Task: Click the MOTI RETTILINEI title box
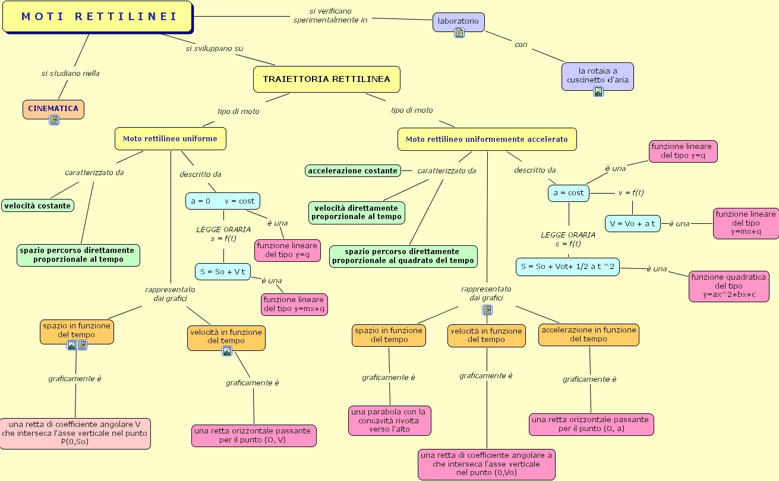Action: click(x=97, y=17)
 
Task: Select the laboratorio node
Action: click(x=458, y=21)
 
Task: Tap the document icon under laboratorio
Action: click(x=459, y=33)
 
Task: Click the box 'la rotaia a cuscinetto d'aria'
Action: click(x=597, y=75)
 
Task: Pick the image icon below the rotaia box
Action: click(x=598, y=91)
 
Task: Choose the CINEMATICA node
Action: click(x=53, y=109)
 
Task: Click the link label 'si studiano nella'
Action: click(x=70, y=74)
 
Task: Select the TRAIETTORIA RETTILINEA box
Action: click(x=326, y=79)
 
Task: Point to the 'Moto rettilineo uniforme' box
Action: click(x=170, y=139)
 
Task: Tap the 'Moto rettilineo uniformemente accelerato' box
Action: click(x=486, y=140)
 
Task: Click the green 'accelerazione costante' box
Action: click(x=352, y=171)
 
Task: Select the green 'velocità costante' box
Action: click(x=37, y=206)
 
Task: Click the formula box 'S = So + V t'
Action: click(x=223, y=272)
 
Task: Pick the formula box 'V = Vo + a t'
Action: click(x=632, y=223)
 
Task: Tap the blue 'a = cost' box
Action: click(x=568, y=193)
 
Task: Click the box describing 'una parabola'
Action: click(x=389, y=420)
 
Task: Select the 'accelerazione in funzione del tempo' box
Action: click(x=588, y=334)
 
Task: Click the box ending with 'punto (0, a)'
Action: click(x=591, y=424)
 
